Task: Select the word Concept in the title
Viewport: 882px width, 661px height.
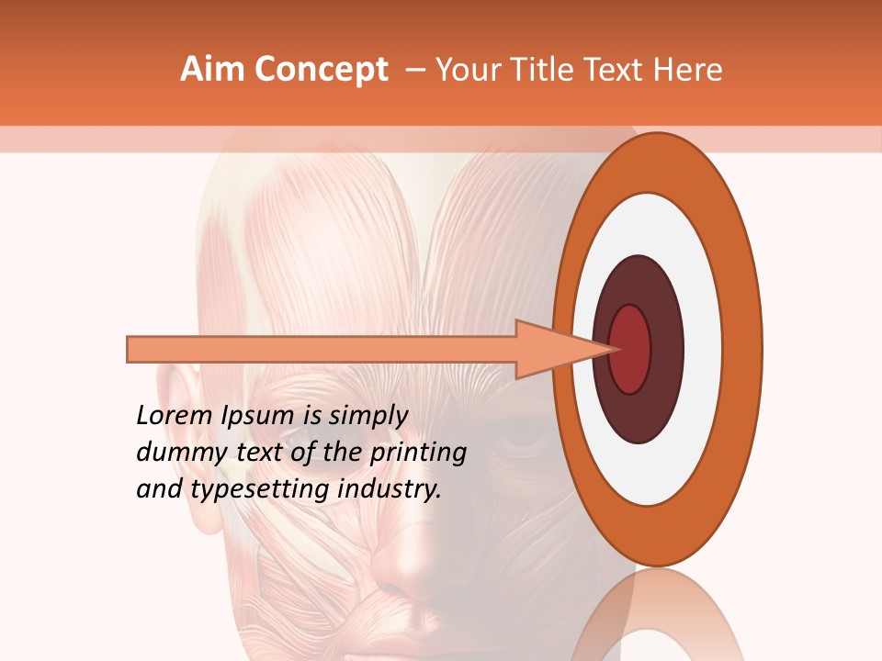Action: tap(321, 70)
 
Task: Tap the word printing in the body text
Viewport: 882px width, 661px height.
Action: tap(418, 454)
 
